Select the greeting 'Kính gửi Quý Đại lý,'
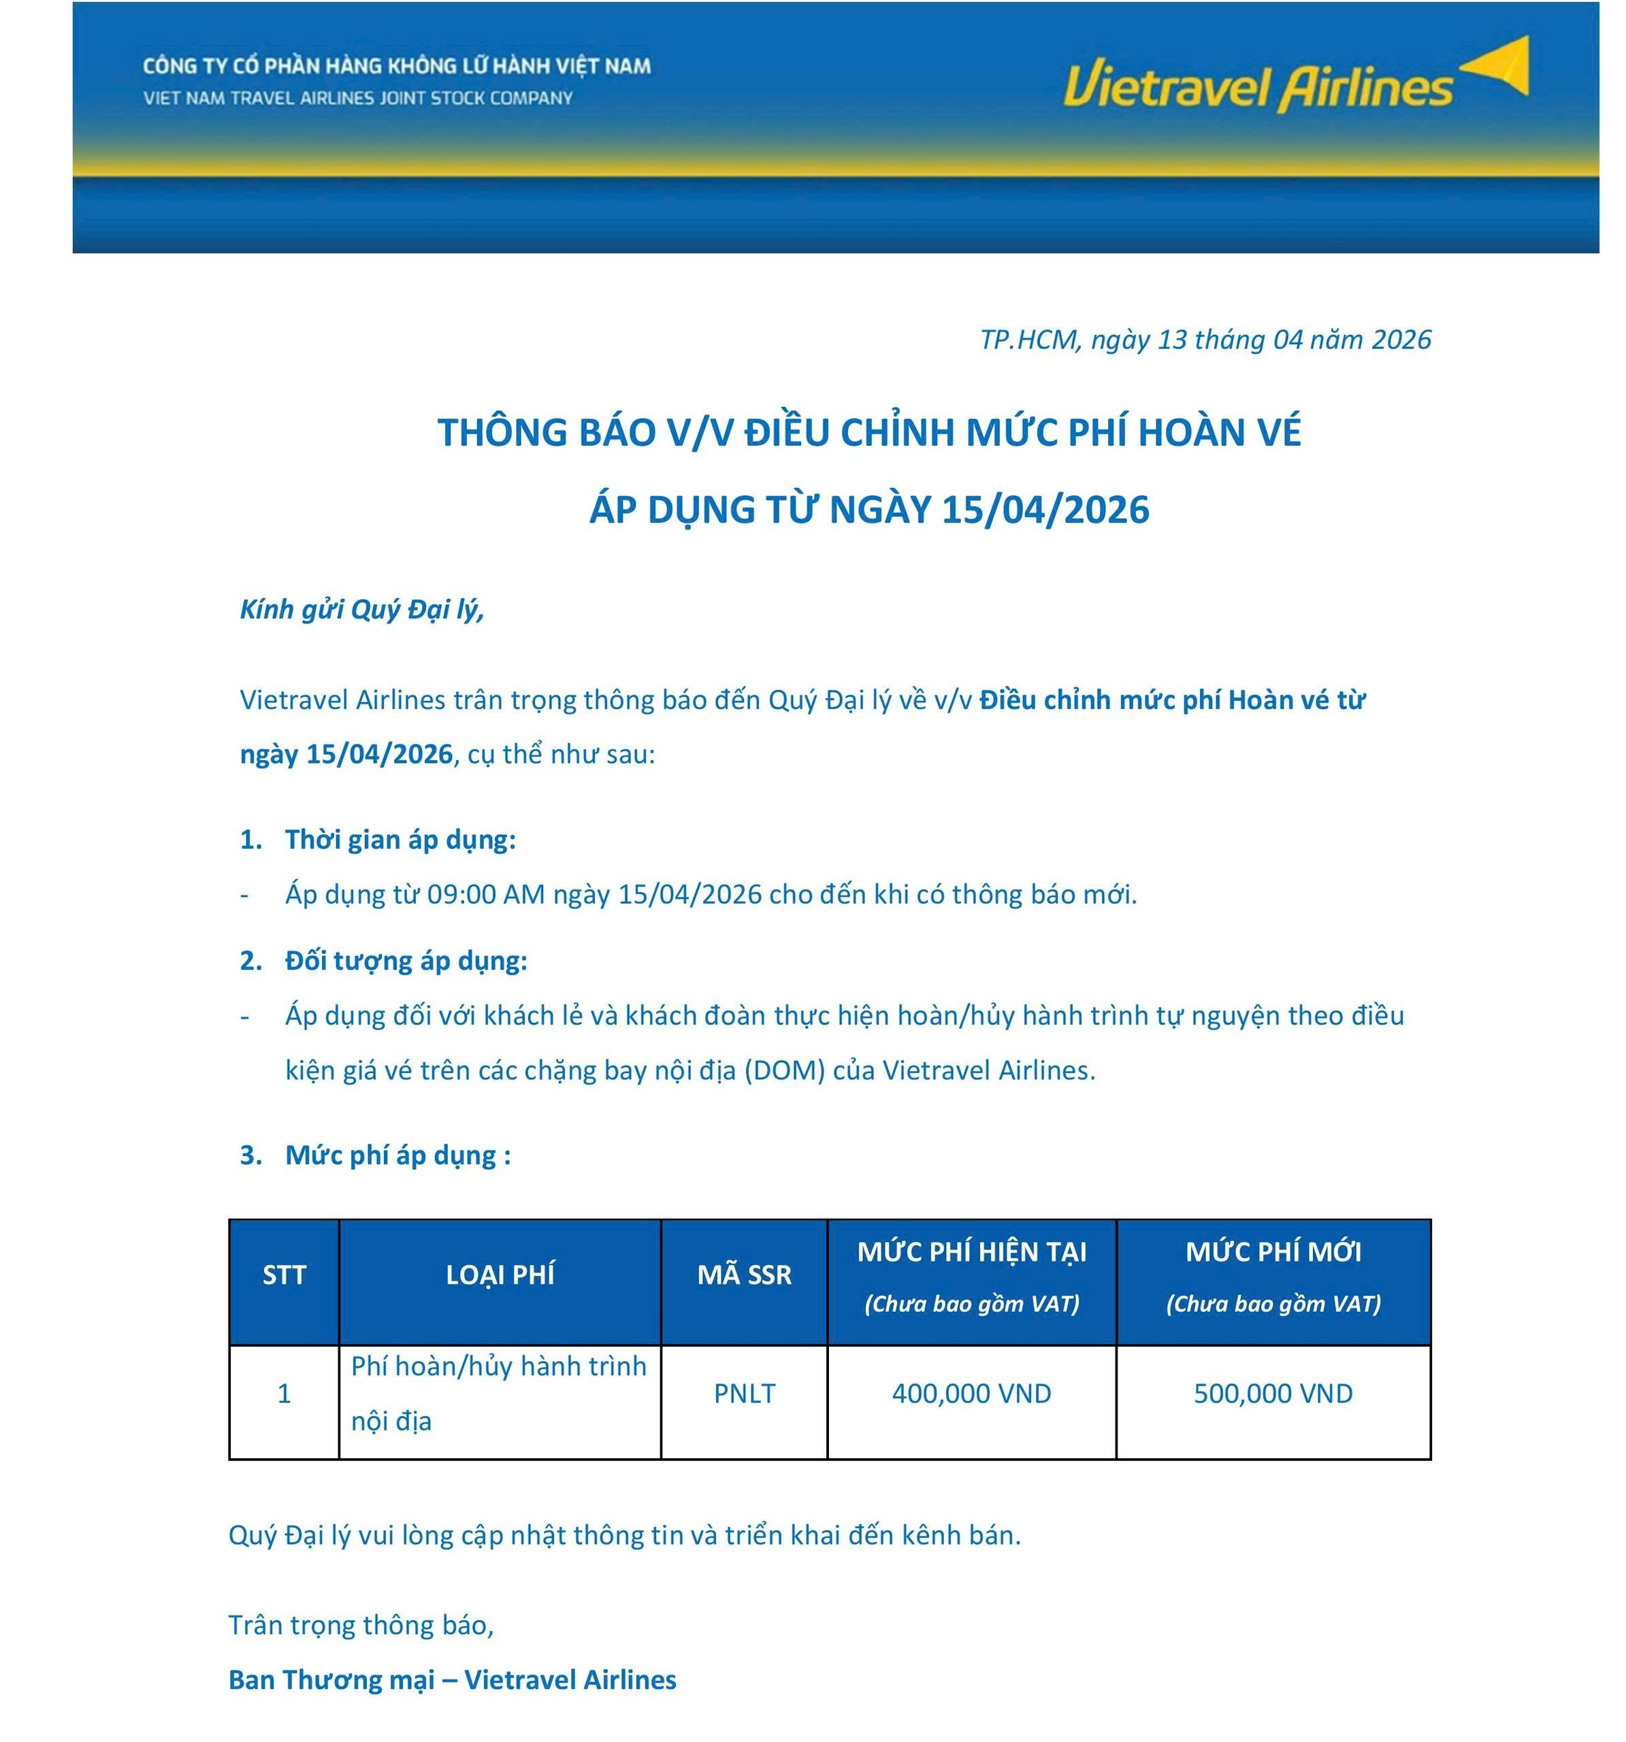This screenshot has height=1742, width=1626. coord(362,609)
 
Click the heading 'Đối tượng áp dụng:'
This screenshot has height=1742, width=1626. coord(406,960)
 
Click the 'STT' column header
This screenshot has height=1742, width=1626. coord(284,1274)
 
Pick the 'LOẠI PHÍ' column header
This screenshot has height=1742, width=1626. coord(500,1274)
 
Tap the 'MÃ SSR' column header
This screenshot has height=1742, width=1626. coord(744,1274)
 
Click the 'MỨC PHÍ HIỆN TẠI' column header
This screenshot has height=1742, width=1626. coord(971,1252)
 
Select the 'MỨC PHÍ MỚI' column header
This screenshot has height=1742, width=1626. coord(1273,1252)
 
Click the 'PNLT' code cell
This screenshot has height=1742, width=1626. coord(744,1393)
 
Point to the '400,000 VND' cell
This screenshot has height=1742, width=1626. coord(971,1393)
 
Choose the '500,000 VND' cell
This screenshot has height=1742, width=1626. coord(1273,1393)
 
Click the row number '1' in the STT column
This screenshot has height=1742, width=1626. coord(284,1393)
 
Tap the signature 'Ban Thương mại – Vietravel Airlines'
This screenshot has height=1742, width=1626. coord(453,1680)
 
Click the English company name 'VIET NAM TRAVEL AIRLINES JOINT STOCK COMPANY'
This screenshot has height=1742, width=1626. coord(357,98)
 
